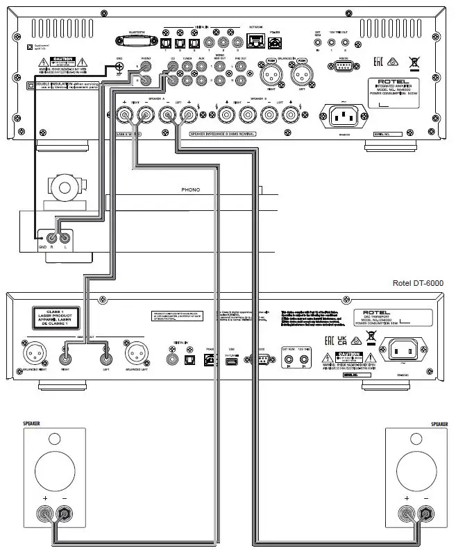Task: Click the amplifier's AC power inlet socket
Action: pyautogui.click(x=340, y=117)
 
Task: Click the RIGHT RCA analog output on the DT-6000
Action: pyautogui.click(x=65, y=359)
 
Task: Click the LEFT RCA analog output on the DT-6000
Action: pyautogui.click(x=105, y=359)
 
